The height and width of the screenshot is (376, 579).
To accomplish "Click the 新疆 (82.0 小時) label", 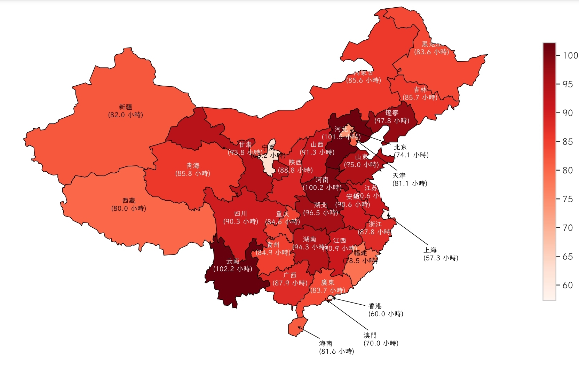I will (126, 111).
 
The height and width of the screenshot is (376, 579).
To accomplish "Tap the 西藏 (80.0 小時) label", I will (129, 205).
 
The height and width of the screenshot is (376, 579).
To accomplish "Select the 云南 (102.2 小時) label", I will (233, 265).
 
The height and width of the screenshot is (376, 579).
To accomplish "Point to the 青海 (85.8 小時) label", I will (193, 170).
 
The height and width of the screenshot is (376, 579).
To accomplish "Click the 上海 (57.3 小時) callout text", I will (441, 254).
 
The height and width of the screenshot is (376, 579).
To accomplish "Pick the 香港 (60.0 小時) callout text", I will (386, 310).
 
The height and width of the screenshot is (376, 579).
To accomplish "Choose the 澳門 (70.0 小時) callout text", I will (381, 339).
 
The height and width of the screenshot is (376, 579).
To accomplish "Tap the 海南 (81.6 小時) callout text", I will (336, 347).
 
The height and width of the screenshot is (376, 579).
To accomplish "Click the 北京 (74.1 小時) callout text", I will (411, 151).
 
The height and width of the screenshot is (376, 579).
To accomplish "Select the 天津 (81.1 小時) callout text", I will (410, 179).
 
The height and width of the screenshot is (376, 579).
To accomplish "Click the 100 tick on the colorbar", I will (570, 55).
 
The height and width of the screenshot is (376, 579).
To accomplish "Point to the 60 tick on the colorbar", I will (568, 285).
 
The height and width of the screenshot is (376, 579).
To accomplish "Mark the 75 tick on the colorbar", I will (568, 199).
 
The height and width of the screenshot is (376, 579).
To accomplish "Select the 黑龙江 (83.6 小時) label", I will (431, 48).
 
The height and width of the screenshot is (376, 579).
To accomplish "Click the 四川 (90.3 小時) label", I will (240, 218).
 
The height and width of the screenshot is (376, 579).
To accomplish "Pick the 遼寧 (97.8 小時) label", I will (392, 117).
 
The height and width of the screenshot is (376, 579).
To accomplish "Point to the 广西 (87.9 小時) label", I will (290, 279).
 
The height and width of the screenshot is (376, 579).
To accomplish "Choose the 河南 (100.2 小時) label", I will (322, 183).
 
